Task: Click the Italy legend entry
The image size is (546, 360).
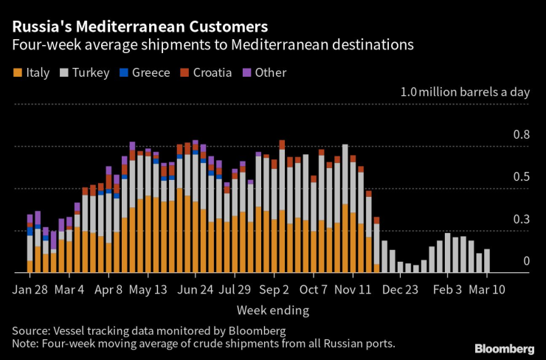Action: tap(32, 72)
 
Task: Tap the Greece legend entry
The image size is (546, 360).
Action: tap(145, 72)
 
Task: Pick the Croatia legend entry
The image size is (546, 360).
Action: tap(206, 72)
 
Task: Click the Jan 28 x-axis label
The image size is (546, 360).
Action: tap(31, 288)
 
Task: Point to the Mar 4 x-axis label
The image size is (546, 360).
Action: tap(74, 288)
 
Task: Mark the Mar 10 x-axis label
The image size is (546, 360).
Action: tap(487, 288)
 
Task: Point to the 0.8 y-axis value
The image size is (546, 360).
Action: tap(521, 135)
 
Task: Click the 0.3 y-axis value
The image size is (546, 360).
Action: tap(521, 219)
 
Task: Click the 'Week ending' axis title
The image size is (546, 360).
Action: tap(272, 310)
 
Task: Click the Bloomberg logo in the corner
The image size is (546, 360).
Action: tap(504, 348)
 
